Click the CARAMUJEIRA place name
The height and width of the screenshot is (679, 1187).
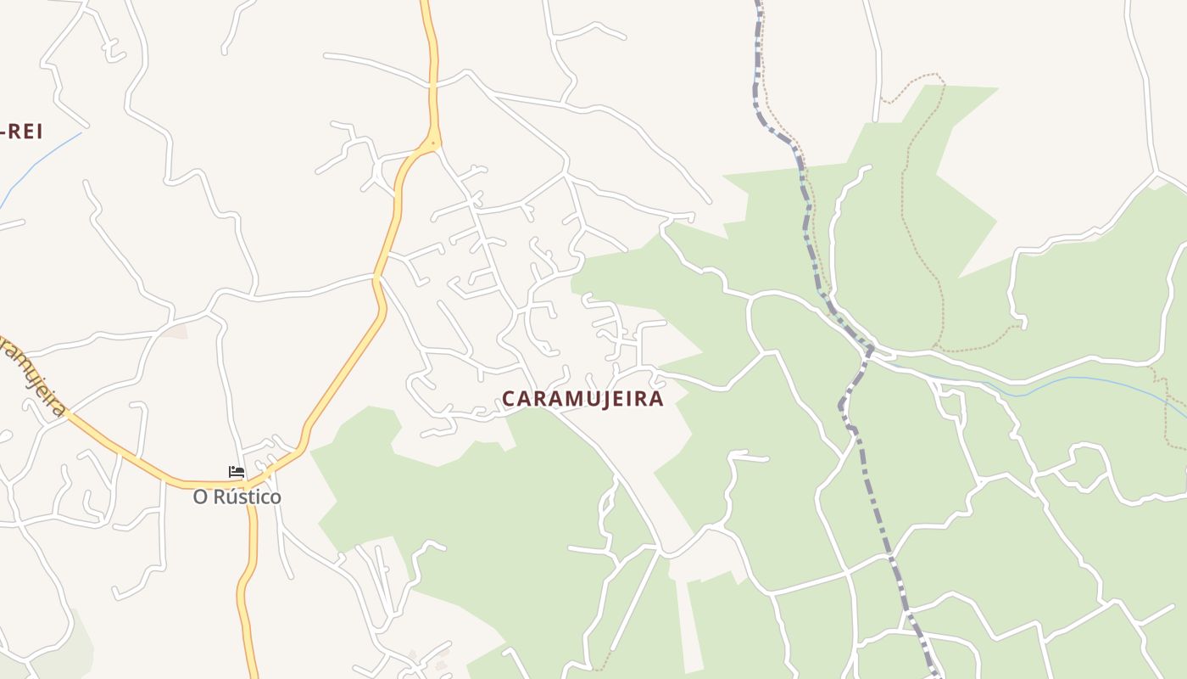(x=582, y=399)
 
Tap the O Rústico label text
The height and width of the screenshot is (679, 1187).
(x=237, y=497)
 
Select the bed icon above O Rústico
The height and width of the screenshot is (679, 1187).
(x=237, y=472)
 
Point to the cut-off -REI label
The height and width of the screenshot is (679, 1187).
(x=22, y=132)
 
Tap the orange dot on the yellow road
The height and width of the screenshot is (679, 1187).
(x=434, y=143)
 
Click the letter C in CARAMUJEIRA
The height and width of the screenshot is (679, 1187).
(x=509, y=399)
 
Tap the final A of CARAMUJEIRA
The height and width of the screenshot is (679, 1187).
(x=656, y=399)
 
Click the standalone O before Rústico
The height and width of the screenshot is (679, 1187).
(x=200, y=497)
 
